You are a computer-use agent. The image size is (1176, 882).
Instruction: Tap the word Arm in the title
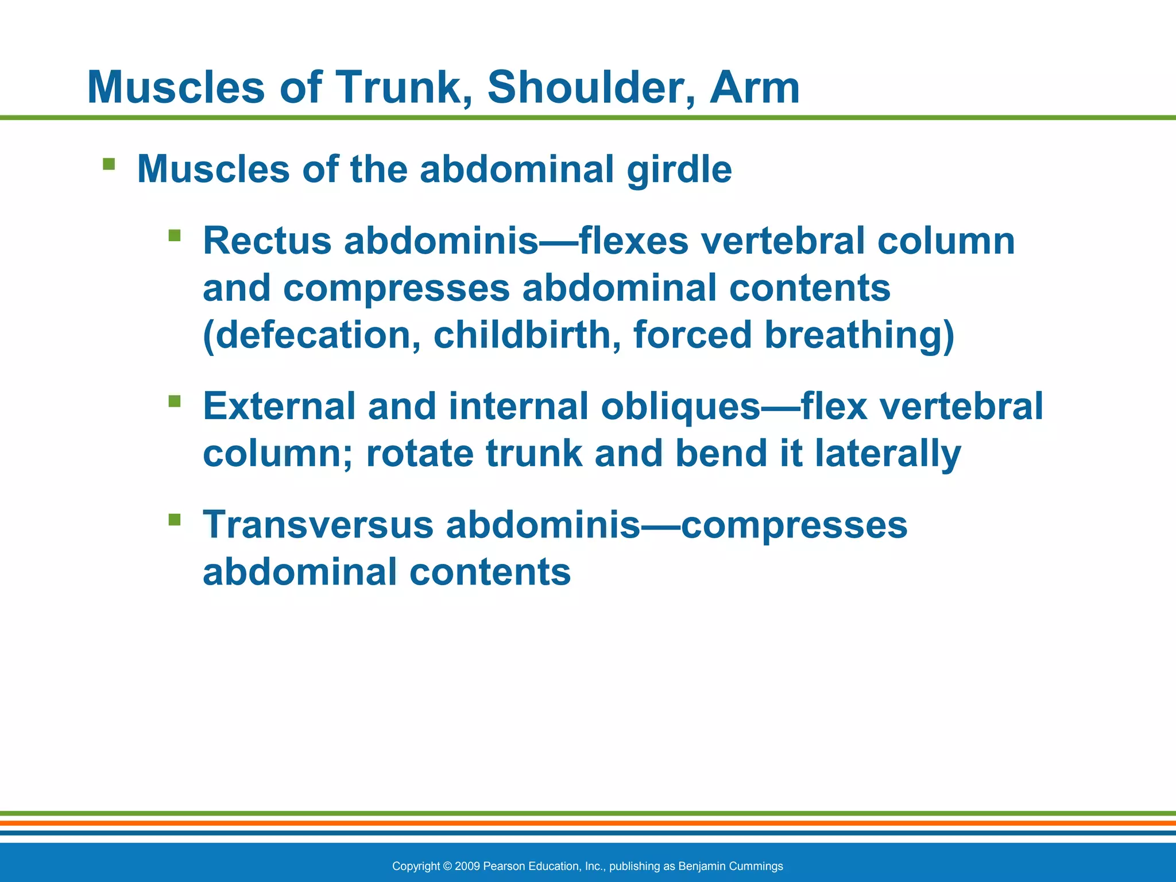[754, 87]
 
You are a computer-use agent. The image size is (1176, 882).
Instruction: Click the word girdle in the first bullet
[679, 170]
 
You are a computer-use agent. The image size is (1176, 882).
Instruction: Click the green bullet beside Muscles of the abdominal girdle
[109, 165]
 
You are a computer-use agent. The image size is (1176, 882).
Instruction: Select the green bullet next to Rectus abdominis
[175, 235]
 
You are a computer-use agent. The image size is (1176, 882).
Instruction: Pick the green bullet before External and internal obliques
[175, 401]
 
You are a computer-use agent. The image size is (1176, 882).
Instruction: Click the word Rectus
[267, 241]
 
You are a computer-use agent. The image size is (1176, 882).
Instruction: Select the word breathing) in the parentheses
[859, 335]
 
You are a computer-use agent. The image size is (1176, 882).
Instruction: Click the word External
[279, 407]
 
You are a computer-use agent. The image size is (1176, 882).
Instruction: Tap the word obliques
[680, 407]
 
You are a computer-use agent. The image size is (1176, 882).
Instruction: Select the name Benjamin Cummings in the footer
[730, 866]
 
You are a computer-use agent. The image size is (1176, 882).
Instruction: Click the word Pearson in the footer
[503, 866]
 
